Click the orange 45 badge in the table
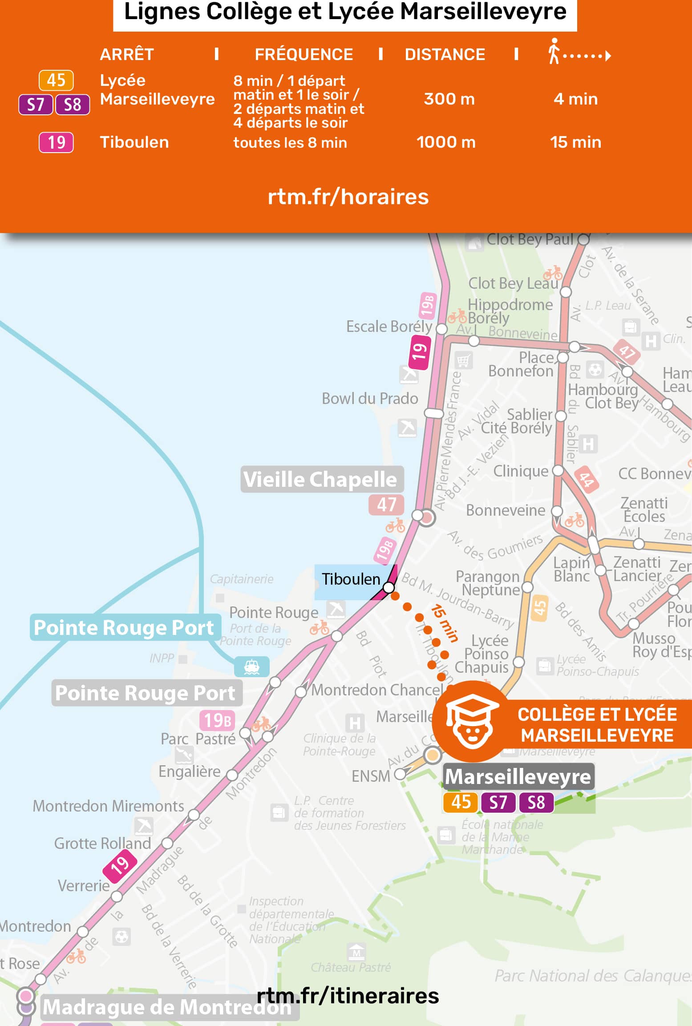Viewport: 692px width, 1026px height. pos(56,81)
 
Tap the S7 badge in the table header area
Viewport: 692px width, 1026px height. pos(36,105)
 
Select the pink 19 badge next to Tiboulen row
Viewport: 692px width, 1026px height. pos(56,142)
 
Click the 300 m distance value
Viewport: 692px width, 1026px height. pos(449,99)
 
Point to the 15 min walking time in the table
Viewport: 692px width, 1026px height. pos(575,142)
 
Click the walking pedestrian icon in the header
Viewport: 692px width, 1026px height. pos(554,51)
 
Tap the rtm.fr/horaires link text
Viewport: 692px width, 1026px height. pos(348,197)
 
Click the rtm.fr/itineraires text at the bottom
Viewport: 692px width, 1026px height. pos(348,996)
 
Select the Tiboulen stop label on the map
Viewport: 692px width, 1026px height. pos(351,579)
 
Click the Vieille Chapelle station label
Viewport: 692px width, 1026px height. pos(320,480)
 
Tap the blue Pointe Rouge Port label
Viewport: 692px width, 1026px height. pos(124,628)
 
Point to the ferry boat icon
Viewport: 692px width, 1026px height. pos(252,666)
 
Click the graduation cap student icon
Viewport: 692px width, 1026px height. pos(472,721)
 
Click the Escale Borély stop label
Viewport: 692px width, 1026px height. pos(389,327)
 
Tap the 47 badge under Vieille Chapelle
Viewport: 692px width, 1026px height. pos(386,505)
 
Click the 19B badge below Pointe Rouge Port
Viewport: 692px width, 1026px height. pos(217,720)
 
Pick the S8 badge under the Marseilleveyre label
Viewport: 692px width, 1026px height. pos(536,802)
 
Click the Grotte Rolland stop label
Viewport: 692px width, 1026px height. pos(102,844)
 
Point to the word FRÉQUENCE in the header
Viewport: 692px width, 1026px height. pos(304,55)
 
